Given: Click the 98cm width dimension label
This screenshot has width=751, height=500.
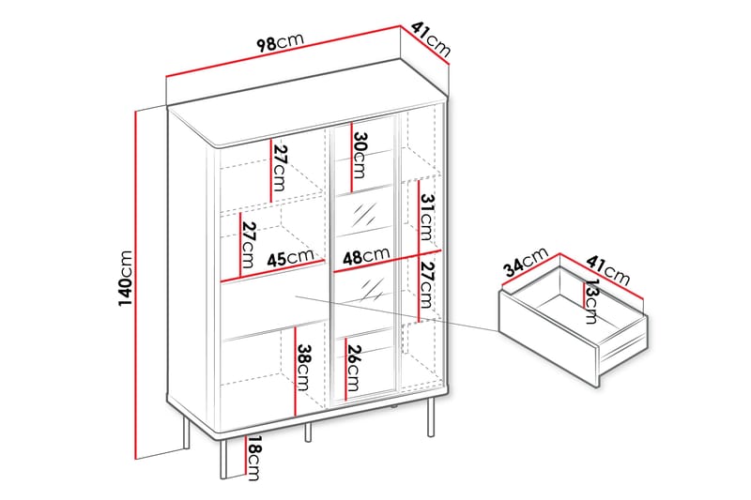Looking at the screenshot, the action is tap(280, 42).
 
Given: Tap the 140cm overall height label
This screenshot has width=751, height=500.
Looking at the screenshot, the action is tap(126, 279).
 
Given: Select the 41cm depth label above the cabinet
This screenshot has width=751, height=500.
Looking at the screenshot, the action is tap(431, 39).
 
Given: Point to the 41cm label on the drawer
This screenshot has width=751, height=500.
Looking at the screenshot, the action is tap(607, 269).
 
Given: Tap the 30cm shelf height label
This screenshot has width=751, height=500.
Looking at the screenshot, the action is tap(360, 155).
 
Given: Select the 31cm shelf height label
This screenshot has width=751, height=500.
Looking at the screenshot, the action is tap(426, 217).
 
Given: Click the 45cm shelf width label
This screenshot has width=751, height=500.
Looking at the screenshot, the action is tap(290, 257).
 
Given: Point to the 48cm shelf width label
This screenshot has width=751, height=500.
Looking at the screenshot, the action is tap(366, 256).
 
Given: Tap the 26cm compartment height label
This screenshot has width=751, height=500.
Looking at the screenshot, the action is tap(354, 368).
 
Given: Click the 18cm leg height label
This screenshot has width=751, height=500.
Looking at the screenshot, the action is tap(253, 459).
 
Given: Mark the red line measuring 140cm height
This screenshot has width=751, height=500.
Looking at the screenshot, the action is tap(136, 284).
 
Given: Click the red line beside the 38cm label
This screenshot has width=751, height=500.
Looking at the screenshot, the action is tap(295, 371).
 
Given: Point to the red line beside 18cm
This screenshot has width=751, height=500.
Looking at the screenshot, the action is tap(245, 457).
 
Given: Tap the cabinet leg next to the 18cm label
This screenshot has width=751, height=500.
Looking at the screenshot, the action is tap(222, 460).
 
